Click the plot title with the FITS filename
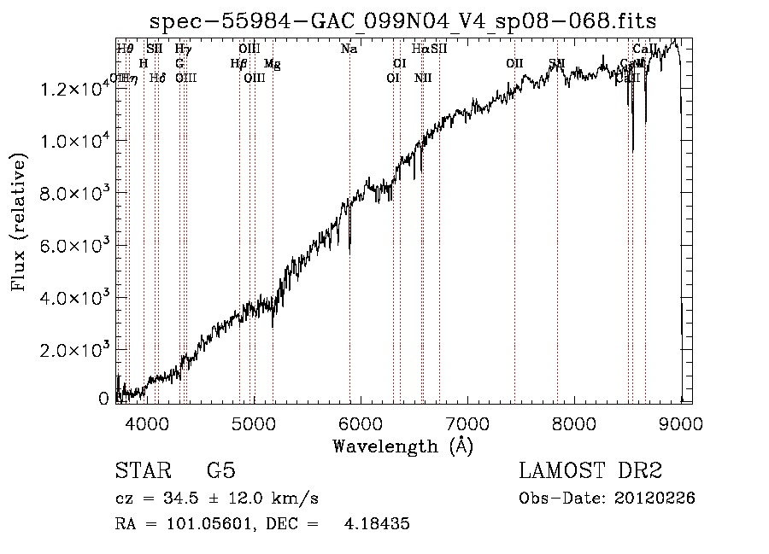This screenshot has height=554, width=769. [x=402, y=21]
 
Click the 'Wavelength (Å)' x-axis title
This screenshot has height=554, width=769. [x=402, y=446]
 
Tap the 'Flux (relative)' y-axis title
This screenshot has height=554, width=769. [x=19, y=222]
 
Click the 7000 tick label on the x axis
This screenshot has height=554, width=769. [x=467, y=422]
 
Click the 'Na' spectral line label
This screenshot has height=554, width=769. [x=349, y=50]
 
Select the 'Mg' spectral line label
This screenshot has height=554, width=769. [x=272, y=64]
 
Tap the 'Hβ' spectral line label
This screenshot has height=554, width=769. [x=239, y=64]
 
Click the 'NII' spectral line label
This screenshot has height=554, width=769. [x=423, y=78]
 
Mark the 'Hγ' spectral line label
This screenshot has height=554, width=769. [x=183, y=50]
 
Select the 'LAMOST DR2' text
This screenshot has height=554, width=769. [x=590, y=471]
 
